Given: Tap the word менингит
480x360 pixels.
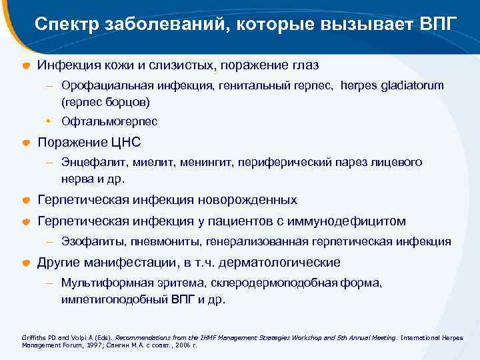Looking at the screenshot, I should coord(199,162).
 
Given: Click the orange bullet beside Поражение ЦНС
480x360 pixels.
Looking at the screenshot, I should coord(25,143).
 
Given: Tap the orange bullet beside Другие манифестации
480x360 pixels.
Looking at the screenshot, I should coord(25,263).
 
